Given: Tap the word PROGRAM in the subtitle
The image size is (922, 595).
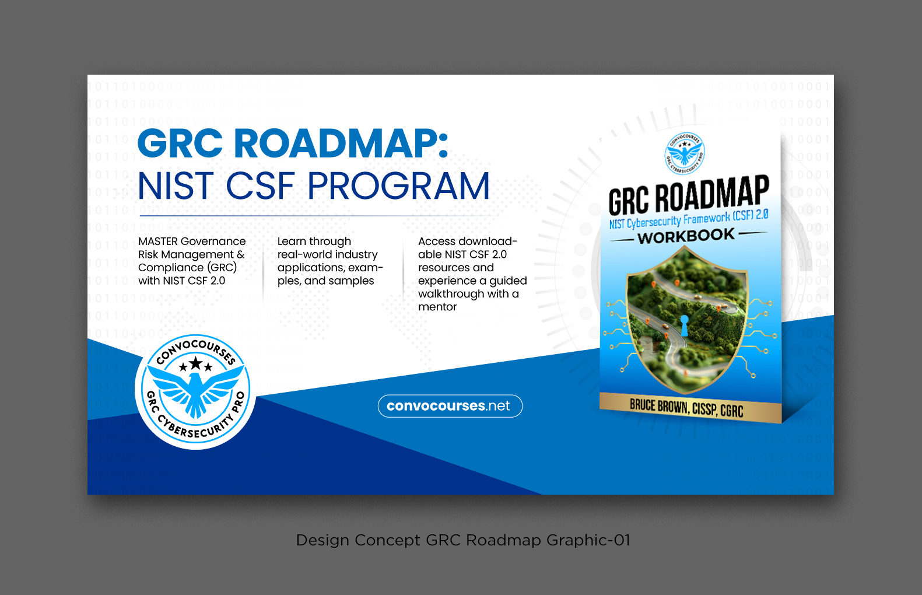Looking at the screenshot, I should (x=398, y=187).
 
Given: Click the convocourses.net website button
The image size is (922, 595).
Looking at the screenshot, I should (x=450, y=406).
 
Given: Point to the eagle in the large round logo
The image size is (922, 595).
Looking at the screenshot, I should (x=195, y=392).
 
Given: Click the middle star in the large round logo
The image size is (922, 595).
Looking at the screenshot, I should (x=195, y=364).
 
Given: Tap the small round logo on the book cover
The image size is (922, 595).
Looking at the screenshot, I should (x=685, y=153).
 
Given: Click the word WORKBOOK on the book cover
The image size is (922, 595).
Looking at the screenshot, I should (x=686, y=236).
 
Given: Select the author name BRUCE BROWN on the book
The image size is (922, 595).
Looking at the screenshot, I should (x=658, y=405).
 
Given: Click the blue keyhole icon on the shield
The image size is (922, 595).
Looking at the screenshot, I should (x=685, y=324).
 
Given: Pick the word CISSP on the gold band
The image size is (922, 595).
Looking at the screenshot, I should (x=704, y=409).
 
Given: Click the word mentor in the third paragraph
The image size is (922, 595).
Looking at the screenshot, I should (x=437, y=307).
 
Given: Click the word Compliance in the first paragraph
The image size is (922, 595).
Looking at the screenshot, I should (x=163, y=268).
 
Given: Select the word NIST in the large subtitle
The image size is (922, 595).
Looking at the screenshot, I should (x=176, y=187).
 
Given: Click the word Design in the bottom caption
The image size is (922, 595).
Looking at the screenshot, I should (x=322, y=540).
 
